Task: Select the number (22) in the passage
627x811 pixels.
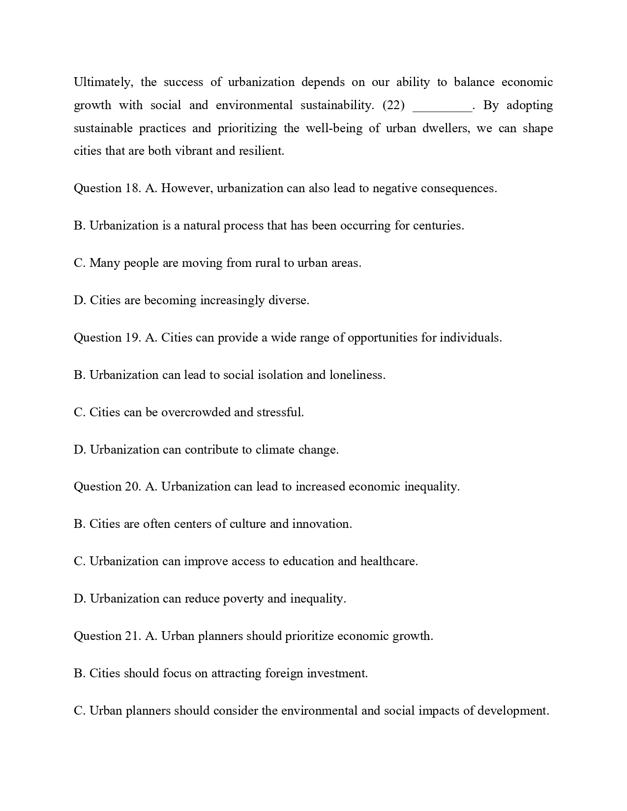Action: (393, 105)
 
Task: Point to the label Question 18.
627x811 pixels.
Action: (107, 188)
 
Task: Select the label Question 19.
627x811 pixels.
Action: (107, 338)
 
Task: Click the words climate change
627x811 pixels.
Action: (297, 450)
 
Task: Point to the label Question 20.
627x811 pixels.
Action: (107, 487)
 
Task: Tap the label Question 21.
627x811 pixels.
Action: (107, 636)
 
